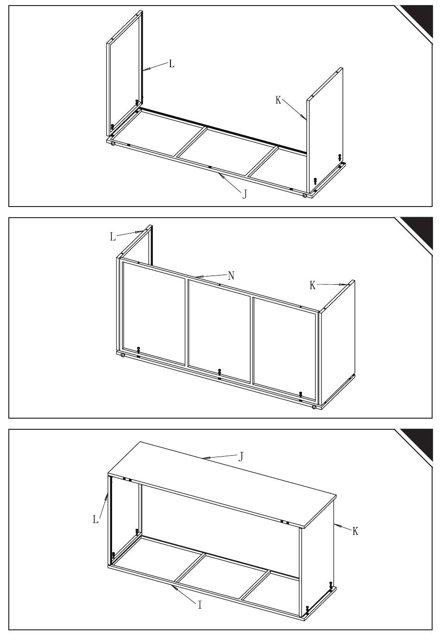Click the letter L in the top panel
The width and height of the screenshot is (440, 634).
171,64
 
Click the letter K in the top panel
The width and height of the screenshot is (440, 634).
278,100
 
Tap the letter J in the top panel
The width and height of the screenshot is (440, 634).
245,194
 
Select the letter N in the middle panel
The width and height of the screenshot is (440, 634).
231,276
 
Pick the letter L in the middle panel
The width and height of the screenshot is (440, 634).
113,237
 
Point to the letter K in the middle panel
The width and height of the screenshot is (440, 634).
312,285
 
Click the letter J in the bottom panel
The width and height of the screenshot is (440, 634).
241,457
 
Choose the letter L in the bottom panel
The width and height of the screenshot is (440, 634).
96,519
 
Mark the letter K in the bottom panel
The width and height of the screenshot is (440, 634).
355,531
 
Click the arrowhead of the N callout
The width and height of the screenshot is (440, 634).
199,276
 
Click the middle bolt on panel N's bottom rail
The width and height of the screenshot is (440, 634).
219,372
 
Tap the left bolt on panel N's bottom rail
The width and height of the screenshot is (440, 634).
138,350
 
